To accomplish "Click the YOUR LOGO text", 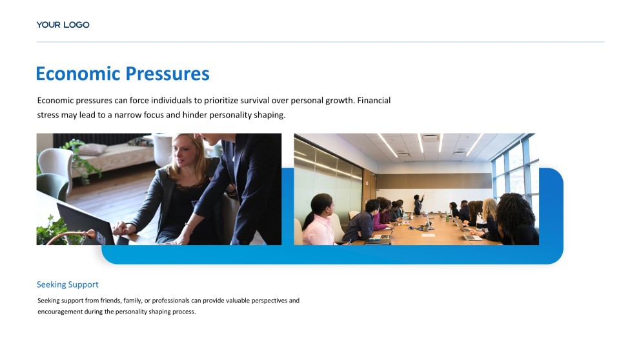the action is pos(63,25).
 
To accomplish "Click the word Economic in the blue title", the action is pos(77,74).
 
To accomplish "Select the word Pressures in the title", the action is pos(167,74).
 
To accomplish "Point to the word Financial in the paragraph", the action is pos(374,101).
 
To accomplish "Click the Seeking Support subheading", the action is pos(67,285).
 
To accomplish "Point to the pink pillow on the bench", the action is pos(92,149).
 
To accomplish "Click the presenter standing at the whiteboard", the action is pos(418,205).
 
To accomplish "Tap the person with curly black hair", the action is pos(516,219).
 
